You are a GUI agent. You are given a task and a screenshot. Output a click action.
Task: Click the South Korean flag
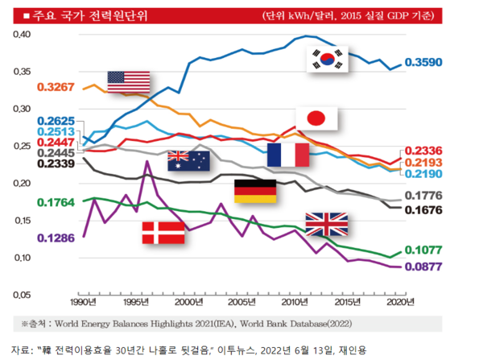coord(328,59)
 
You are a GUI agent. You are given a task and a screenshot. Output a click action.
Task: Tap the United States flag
coord(129,81)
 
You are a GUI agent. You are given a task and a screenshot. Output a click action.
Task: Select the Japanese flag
coord(316,118)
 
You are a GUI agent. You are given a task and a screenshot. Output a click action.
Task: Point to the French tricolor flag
coord(288,155)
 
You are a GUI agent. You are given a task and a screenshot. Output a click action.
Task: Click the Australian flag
coord(188,161)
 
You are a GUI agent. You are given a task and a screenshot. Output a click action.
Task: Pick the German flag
coord(254,192)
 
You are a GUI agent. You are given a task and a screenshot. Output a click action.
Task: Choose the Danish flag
coord(163,233)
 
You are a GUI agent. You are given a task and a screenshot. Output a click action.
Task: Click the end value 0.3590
coord(423,62)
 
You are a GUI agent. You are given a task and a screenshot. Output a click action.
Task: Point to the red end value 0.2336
coord(423,151)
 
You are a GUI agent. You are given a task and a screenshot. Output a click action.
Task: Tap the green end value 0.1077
coord(423,250)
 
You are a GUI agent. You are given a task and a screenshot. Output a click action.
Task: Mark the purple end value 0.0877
coord(423,266)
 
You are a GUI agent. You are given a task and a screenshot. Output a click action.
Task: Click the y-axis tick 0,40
coord(22,34)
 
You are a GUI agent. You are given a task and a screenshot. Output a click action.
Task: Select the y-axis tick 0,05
coord(22,296)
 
